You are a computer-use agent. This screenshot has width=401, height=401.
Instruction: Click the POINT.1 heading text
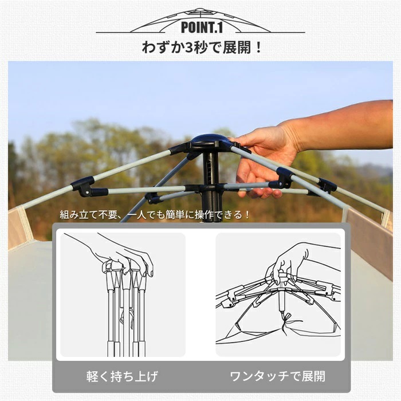pos(202,27)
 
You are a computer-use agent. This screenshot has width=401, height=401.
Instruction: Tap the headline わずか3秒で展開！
pos(202,48)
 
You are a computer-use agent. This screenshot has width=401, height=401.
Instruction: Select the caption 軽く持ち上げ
pos(122,376)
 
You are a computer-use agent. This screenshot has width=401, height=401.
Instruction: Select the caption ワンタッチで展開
pos(277,376)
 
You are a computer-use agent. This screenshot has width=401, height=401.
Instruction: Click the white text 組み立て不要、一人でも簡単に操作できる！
pos(155,214)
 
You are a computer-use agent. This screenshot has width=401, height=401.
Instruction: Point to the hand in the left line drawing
pos(120,255)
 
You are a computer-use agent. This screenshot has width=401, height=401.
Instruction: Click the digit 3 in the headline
pos(189,48)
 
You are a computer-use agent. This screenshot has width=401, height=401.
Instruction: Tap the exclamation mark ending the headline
pos(258,48)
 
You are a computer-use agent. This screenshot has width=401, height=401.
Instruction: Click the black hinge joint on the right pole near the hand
pos(285,176)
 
